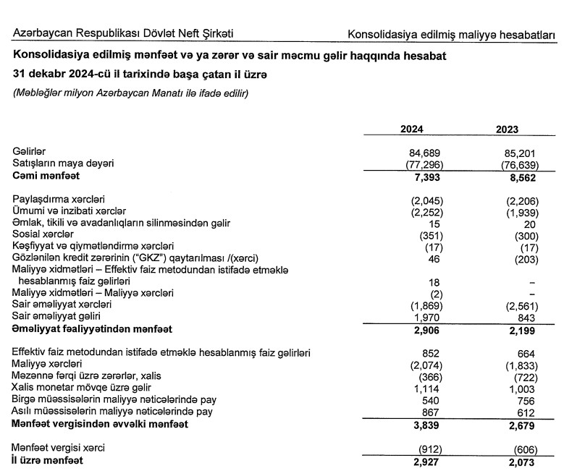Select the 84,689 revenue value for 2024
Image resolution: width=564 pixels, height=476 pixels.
(x=426, y=153)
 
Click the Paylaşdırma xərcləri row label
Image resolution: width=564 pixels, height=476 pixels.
(x=59, y=200)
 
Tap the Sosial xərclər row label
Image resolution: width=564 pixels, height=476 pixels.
(x=43, y=234)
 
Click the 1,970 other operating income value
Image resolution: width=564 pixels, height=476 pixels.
(x=429, y=317)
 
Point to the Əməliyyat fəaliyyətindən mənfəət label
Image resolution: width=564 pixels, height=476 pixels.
(x=92, y=329)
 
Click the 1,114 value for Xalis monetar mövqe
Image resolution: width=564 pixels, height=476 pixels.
(x=429, y=388)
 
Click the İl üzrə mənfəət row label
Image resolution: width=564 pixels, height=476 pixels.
(x=47, y=460)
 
